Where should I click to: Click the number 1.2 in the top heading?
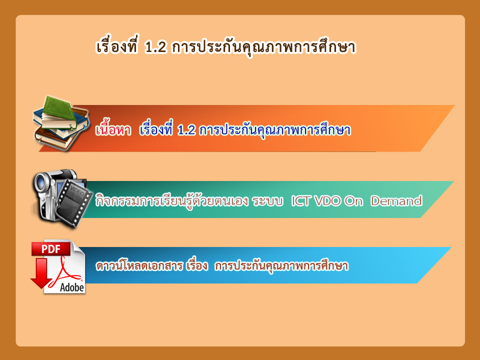pos(156,47)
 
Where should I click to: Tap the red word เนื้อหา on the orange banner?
pos(113,130)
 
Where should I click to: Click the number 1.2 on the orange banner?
pos(186,130)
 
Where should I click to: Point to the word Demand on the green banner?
pos(396,201)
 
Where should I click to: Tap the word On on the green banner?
pos(353,201)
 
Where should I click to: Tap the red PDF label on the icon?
pos(51,249)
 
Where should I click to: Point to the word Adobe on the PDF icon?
pos(72,287)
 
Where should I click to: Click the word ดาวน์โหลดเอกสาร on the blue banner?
pos(139,265)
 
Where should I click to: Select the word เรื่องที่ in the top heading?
pos(117,47)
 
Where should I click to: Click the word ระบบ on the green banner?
pos(267,201)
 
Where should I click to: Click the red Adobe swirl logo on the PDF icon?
pos(65,271)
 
